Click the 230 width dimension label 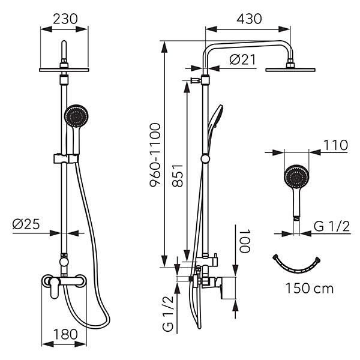[64, 19]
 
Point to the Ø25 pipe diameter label [26, 225]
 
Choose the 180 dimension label [65, 334]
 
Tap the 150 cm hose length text [309, 288]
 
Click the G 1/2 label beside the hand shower [331, 226]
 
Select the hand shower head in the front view [75, 115]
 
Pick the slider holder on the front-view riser [63, 159]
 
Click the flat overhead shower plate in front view [64, 70]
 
